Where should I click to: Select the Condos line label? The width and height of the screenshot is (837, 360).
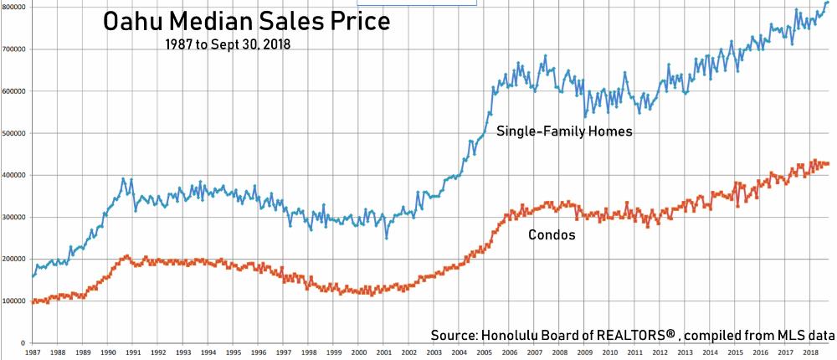click(x=552, y=235)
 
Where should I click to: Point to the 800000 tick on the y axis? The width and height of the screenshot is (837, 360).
click(x=15, y=7)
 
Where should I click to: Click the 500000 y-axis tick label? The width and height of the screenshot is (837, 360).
click(x=15, y=133)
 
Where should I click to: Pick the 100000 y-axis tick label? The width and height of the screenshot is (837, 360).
click(x=15, y=301)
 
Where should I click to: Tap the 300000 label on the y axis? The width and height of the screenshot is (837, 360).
click(x=15, y=218)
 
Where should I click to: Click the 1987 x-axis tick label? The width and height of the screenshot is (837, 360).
click(x=32, y=354)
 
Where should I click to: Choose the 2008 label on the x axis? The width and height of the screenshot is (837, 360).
click(x=562, y=354)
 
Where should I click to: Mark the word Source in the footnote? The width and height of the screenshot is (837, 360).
click(x=454, y=335)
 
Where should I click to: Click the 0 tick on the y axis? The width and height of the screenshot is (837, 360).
click(x=25, y=343)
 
